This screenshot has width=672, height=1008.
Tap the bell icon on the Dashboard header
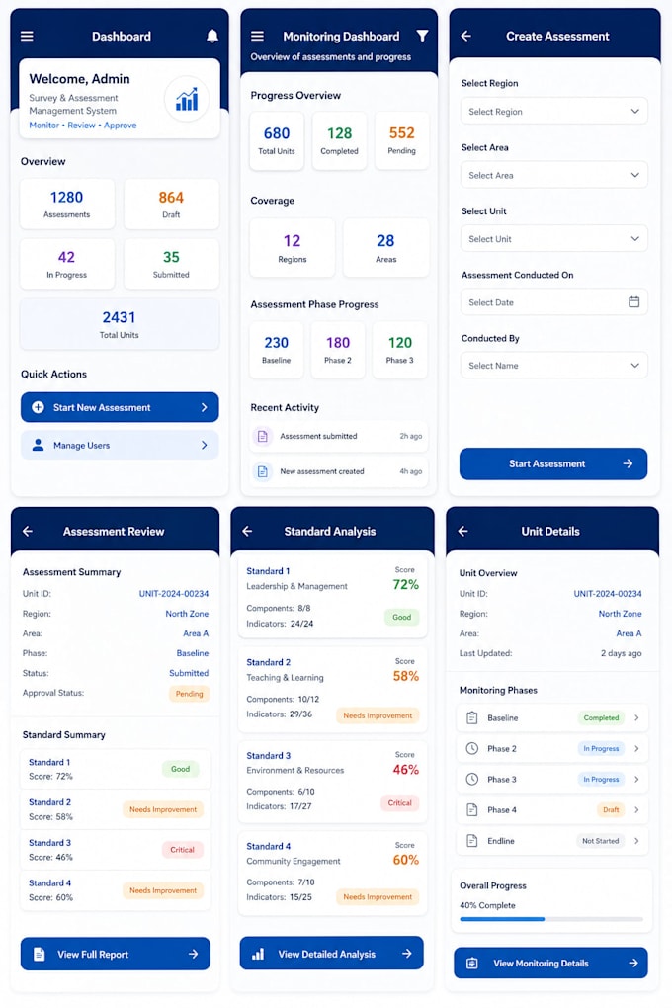tap(212, 36)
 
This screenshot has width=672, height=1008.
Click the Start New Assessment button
tap(120, 407)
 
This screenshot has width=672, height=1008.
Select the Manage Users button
tap(120, 445)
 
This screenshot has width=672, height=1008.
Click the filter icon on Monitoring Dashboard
tap(422, 36)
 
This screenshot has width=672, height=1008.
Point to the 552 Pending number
tap(402, 133)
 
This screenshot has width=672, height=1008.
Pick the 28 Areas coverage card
tap(385, 247)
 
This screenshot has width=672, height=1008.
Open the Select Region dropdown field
tap(553, 112)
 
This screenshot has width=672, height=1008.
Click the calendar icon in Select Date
tap(634, 302)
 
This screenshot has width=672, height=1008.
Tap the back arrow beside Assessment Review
tap(28, 531)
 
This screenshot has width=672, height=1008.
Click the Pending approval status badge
tap(189, 694)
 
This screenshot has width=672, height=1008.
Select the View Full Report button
tap(115, 954)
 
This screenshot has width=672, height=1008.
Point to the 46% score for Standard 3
tap(406, 770)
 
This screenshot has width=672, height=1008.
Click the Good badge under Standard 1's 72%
tap(402, 617)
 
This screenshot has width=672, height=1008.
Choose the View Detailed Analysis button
tap(332, 954)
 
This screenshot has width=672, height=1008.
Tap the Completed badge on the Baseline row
tap(601, 718)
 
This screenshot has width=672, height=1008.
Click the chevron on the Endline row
tap(636, 841)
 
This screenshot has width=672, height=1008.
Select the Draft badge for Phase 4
tap(611, 810)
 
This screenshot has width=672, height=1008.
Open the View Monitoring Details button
tap(550, 963)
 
